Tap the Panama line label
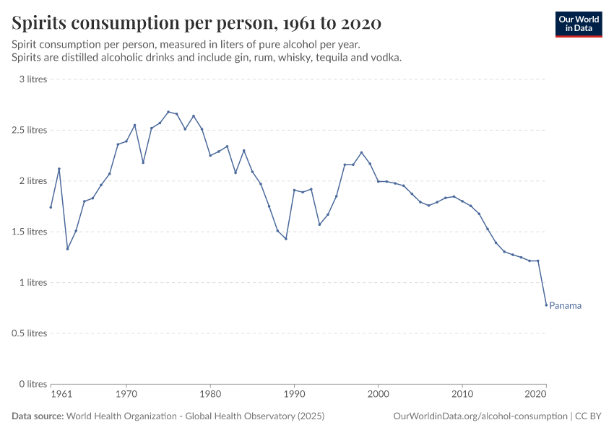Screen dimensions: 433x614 click(565, 305)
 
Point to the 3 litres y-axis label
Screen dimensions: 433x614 click(33, 79)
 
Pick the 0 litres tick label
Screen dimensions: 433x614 click(33, 384)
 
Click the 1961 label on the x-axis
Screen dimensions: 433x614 click(61, 395)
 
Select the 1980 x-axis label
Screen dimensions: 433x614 click(210, 395)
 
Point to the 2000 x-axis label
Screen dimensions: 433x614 click(378, 395)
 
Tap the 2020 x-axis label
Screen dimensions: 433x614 click(535, 395)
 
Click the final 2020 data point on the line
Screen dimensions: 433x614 click(546, 305)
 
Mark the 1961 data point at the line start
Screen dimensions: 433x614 click(51, 207)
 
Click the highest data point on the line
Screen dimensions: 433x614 click(168, 112)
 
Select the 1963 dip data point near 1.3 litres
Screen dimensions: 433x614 click(67, 249)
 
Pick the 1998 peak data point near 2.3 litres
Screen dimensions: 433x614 click(361, 152)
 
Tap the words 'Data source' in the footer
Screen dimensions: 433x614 click(38, 416)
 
